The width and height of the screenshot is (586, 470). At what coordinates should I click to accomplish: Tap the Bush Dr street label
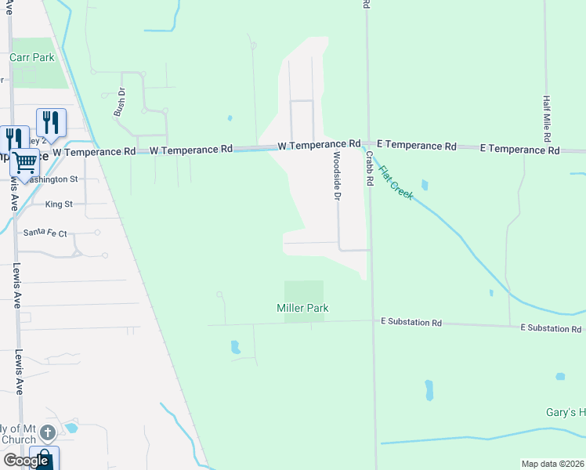tap(120, 103)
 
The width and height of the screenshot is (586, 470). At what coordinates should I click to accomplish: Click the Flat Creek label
tap(395, 181)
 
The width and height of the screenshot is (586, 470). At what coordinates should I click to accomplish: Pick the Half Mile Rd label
tap(548, 113)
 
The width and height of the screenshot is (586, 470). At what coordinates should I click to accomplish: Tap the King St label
tap(59, 204)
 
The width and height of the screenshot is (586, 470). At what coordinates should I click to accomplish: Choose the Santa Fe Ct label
tap(45, 233)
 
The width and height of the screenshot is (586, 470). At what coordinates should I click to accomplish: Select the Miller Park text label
tap(302, 308)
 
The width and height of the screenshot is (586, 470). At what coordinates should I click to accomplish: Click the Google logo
tap(26, 460)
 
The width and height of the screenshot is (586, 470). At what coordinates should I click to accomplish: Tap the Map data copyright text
tap(552, 464)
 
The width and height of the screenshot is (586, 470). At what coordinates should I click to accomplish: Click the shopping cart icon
tap(25, 162)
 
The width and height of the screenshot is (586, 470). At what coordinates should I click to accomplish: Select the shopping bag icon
tap(44, 459)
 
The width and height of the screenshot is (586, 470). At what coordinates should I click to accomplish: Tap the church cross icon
tap(48, 432)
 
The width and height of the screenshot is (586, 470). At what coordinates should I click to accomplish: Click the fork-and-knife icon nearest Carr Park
tap(51, 121)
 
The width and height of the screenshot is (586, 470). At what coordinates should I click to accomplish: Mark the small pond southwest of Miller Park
tap(234, 346)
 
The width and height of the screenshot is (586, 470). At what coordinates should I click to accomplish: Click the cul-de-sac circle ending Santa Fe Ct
tap(97, 233)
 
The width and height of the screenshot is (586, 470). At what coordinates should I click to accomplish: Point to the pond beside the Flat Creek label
tap(425, 186)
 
